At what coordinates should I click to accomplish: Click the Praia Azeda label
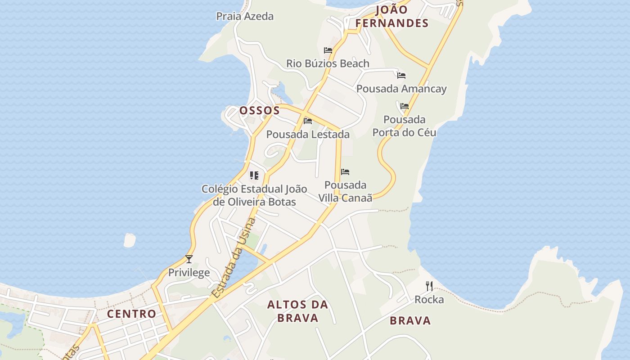[x=245, y=16]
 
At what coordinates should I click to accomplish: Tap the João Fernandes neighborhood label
[x=391, y=17]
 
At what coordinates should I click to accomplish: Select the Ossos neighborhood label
[x=260, y=110]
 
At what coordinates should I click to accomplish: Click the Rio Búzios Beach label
[x=328, y=63]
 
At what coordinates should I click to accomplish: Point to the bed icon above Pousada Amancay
[x=401, y=75]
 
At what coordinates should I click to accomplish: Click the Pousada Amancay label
[x=401, y=89]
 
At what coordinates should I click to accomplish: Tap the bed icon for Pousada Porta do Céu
[x=405, y=106]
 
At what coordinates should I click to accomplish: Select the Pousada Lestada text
[x=308, y=134]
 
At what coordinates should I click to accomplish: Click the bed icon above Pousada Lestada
[x=308, y=121]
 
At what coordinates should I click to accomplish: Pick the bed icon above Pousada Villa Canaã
[x=345, y=171]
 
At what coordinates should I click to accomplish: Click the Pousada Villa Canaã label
[x=346, y=191]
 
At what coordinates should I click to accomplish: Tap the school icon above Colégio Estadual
[x=254, y=175]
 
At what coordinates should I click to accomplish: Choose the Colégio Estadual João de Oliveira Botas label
[x=254, y=195]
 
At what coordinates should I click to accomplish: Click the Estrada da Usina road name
[x=234, y=257]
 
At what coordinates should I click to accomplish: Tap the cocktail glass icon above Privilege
[x=189, y=259]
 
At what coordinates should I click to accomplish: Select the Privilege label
[x=189, y=272]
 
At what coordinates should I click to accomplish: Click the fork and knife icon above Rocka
[x=429, y=286]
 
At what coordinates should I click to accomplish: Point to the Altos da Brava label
[x=298, y=311]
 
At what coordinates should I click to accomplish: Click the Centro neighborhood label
[x=131, y=314]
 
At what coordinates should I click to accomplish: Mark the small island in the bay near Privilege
[x=130, y=240]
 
